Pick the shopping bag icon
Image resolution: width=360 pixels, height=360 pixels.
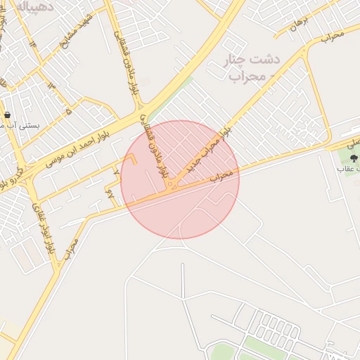point(7,115)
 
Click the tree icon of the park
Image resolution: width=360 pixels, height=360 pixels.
point(354,158)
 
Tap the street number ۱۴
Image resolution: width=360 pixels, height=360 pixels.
point(32,44)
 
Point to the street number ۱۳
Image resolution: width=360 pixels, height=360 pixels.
point(51,85)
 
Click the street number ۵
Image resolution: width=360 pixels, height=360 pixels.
point(68,111)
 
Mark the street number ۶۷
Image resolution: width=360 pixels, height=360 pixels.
point(110,192)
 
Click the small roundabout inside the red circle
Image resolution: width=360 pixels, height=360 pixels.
point(174,186)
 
